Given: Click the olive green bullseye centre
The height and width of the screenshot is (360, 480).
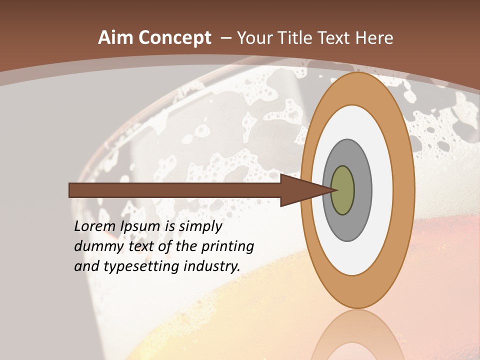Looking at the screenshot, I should click(343, 190).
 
